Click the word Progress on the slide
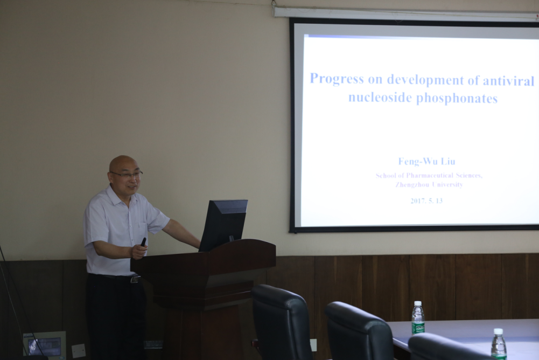click(x=337, y=79)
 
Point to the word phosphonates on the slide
click(x=457, y=99)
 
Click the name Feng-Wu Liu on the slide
click(x=426, y=161)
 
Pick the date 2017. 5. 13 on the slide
click(x=426, y=200)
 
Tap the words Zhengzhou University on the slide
click(x=429, y=184)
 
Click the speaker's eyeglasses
click(x=127, y=175)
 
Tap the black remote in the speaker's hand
click(x=143, y=242)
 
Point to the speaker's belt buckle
click(x=135, y=279)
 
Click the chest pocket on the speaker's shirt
click(x=143, y=231)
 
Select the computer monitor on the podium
click(x=223, y=224)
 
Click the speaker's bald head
click(x=123, y=163)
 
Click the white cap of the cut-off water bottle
click(x=498, y=331)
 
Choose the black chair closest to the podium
click(x=282, y=322)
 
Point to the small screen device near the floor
click(x=44, y=344)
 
